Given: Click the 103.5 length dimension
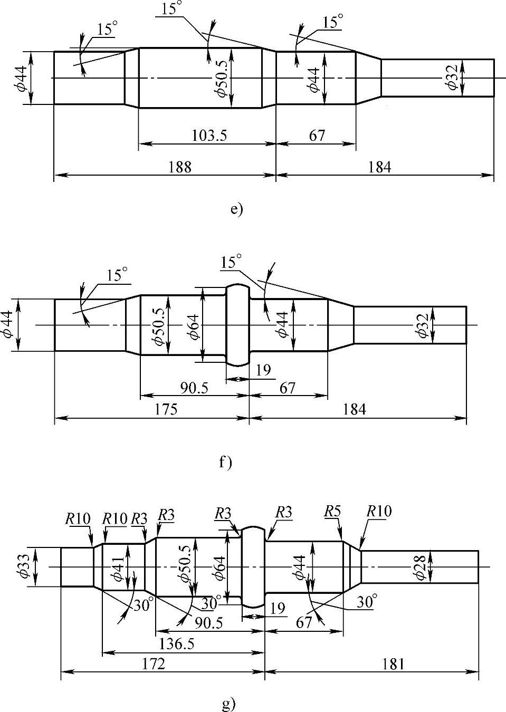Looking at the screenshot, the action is click(209, 136).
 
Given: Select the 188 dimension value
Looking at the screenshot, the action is click(180, 167).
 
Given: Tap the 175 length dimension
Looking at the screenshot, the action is click(166, 409).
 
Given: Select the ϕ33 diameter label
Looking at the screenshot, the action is click(24, 566).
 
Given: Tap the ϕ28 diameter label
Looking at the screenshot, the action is click(420, 567).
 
